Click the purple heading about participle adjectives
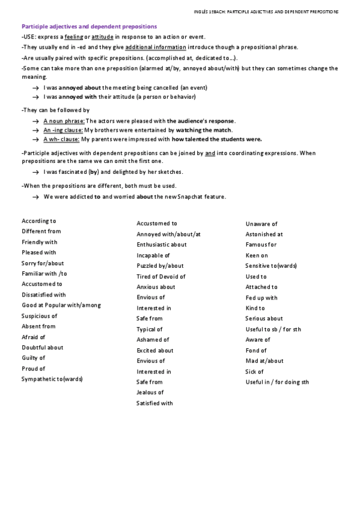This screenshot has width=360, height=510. (89, 26)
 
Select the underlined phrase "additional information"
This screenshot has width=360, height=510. (155, 47)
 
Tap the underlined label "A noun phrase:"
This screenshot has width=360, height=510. (64, 121)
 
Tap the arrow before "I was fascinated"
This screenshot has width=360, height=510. (35, 172)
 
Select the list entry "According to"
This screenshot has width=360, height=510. (38, 221)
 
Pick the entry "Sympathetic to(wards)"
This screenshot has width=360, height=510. (52, 379)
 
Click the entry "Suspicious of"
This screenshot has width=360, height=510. (39, 316)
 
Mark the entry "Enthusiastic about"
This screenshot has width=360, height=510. (161, 245)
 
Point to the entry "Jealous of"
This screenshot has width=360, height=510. (150, 392)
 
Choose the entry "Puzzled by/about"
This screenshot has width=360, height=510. (160, 266)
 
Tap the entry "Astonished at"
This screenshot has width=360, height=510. (264, 235)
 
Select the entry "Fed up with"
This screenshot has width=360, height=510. (261, 298)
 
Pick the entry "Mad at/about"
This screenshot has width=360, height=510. (264, 361)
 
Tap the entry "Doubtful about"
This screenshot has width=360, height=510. (42, 348)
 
